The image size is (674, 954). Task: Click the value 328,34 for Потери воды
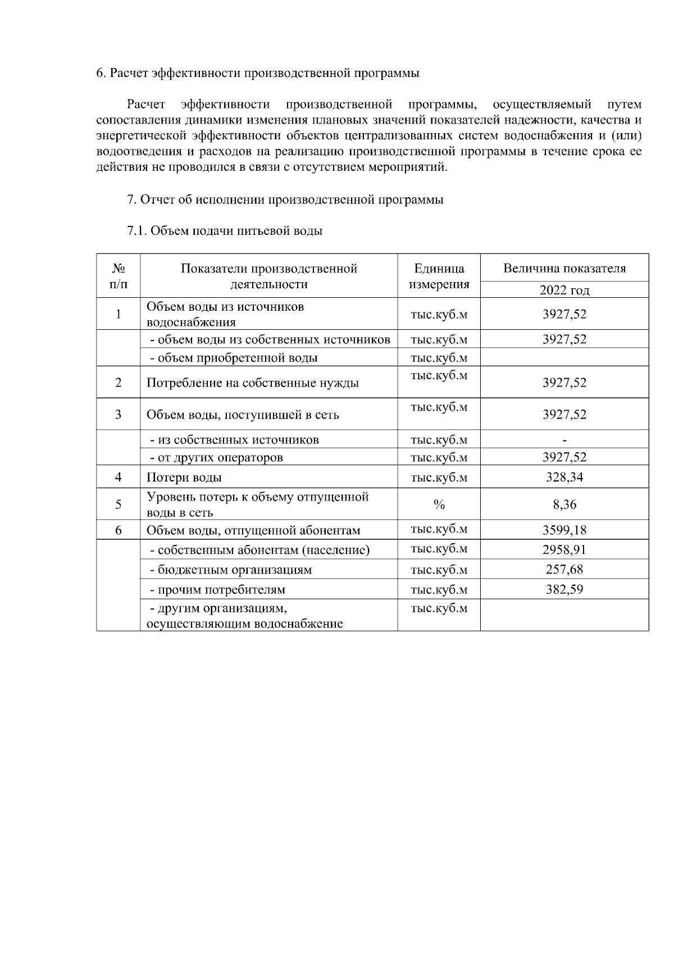click(x=564, y=478)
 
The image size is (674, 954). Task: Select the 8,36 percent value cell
click(x=564, y=505)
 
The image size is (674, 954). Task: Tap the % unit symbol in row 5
click(x=439, y=505)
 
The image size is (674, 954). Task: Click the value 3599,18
click(x=564, y=530)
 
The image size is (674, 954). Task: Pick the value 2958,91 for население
click(x=564, y=549)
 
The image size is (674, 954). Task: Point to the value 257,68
click(x=564, y=570)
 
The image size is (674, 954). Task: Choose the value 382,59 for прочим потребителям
click(x=564, y=589)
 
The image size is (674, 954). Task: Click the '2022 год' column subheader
click(x=564, y=290)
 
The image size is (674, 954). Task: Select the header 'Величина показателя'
click(x=564, y=269)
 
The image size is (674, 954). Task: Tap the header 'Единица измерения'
click(x=439, y=276)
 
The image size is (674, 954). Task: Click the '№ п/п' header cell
click(x=118, y=276)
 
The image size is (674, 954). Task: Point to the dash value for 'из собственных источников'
click(x=564, y=440)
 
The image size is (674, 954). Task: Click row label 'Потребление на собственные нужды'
click(x=253, y=383)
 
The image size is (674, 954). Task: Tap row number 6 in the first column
click(x=118, y=530)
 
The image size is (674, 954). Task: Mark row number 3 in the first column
click(x=118, y=415)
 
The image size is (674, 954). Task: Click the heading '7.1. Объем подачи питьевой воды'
click(x=225, y=231)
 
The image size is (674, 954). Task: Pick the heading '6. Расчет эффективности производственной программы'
click(x=258, y=73)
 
